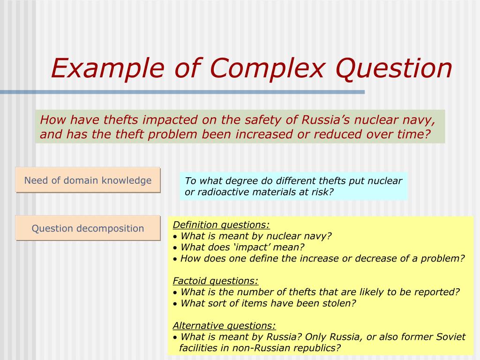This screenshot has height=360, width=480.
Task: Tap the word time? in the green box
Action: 414,134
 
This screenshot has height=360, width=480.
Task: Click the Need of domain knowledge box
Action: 88,180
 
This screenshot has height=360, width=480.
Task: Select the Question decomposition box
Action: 88,228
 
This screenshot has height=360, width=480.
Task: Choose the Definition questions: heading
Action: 221,225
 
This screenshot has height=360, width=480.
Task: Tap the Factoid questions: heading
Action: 216,281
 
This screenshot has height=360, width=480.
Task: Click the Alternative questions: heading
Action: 224,325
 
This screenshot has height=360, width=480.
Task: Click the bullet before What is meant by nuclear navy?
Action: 175,236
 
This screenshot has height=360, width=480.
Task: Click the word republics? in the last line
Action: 317,348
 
